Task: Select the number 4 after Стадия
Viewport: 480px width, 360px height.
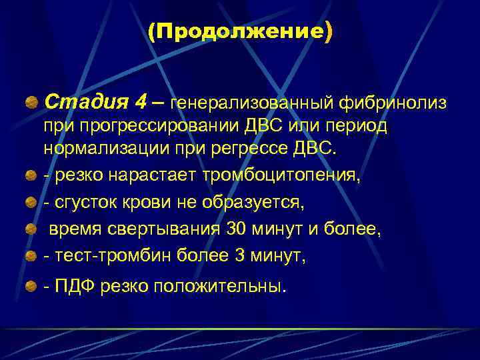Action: coord(141,103)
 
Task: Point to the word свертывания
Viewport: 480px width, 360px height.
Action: coord(170,229)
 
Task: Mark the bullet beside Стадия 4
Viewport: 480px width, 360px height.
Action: coord(31,104)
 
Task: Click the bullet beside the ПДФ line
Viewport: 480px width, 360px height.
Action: coord(31,286)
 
